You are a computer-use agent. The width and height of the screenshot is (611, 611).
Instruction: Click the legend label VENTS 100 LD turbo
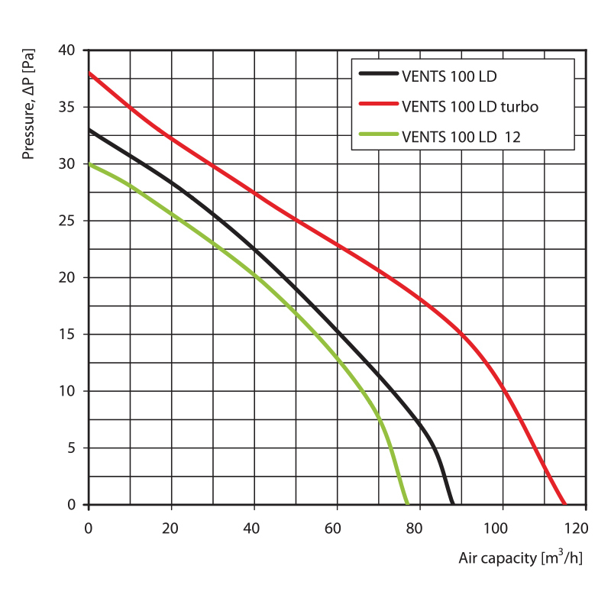pyautogui.click(x=470, y=106)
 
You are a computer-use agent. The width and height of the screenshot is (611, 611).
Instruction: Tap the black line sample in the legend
pyautogui.click(x=378, y=76)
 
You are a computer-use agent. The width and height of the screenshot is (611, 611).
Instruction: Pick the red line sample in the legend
pyautogui.click(x=378, y=106)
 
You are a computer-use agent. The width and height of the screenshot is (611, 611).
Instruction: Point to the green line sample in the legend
pyautogui.click(x=378, y=137)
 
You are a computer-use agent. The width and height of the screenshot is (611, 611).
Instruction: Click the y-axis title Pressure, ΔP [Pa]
pyautogui.click(x=29, y=105)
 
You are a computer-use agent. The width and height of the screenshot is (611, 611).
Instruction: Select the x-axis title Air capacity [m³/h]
pyautogui.click(x=520, y=558)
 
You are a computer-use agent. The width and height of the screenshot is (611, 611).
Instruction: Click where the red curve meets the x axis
pyautogui.click(x=565, y=504)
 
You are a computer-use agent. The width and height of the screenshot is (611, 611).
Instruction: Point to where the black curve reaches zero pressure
pyautogui.click(x=452, y=504)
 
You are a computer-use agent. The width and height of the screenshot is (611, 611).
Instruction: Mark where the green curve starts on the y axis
pyautogui.click(x=90, y=164)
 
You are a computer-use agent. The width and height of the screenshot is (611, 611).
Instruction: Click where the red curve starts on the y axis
pyautogui.click(x=90, y=73)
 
